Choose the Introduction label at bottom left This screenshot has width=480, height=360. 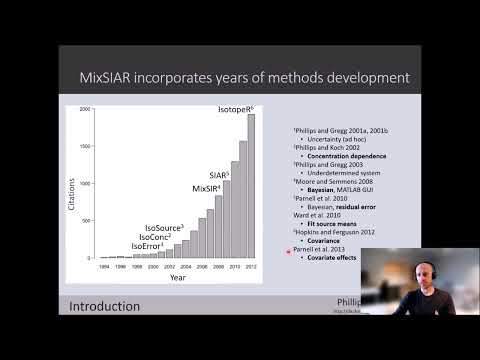click(x=105, y=305)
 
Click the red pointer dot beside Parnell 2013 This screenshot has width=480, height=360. click(x=288, y=251)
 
